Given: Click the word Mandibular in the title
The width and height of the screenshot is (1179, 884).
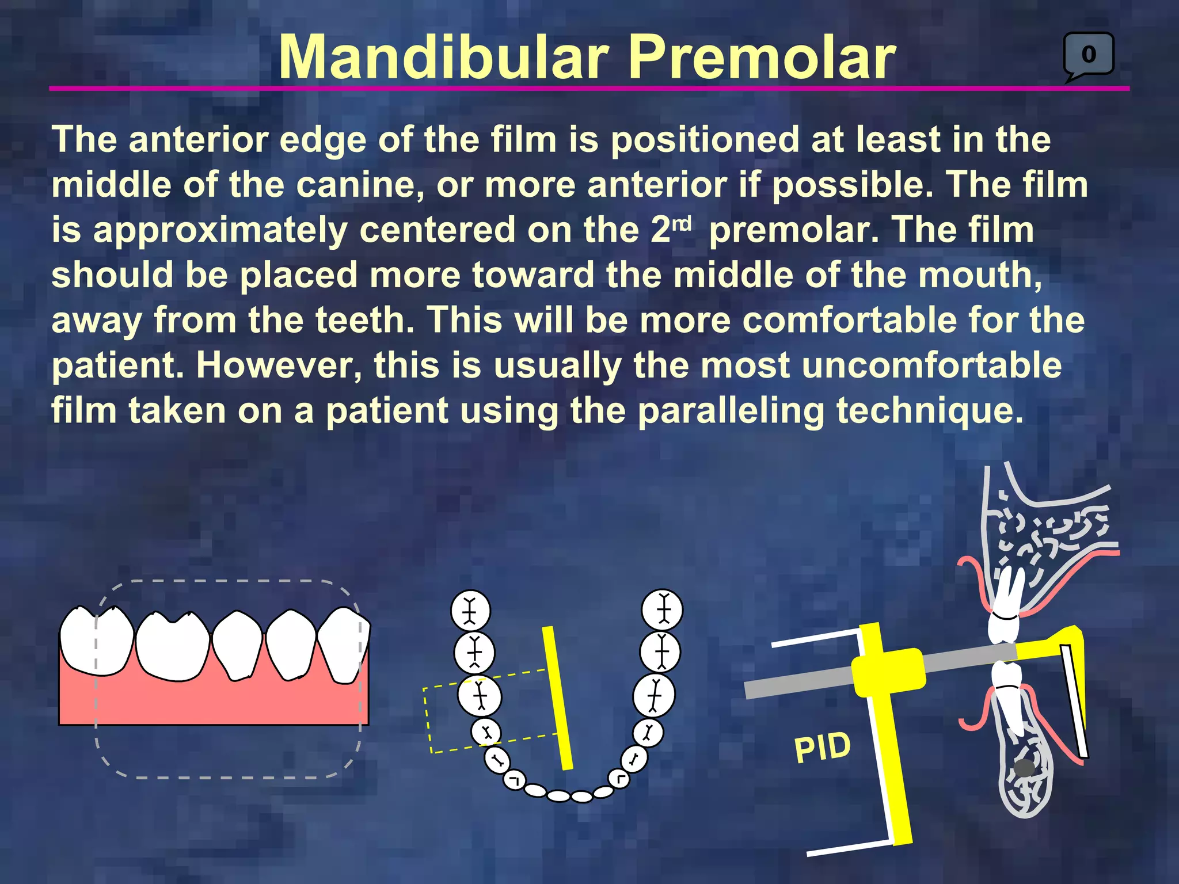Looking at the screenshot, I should tap(443, 58).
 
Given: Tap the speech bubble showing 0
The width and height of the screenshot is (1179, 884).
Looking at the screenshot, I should tap(1089, 55).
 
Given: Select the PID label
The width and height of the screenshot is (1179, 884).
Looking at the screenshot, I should tap(822, 748).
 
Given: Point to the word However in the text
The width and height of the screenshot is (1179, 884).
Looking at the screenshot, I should tap(279, 365).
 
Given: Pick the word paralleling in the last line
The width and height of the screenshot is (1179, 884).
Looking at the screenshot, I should tap(731, 411).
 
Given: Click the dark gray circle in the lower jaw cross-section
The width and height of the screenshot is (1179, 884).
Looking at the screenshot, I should tap(1024, 768).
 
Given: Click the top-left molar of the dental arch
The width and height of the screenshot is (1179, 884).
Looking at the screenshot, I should tap(470, 610).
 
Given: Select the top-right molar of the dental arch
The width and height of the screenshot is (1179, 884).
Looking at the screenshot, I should tap(663, 609).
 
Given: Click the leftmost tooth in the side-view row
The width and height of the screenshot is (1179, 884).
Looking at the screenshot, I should tap(97, 640).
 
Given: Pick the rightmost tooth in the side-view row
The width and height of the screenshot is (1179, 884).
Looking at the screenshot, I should tap(344, 645).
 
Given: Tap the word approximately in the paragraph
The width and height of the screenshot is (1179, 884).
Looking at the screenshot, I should tap(222, 230).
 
